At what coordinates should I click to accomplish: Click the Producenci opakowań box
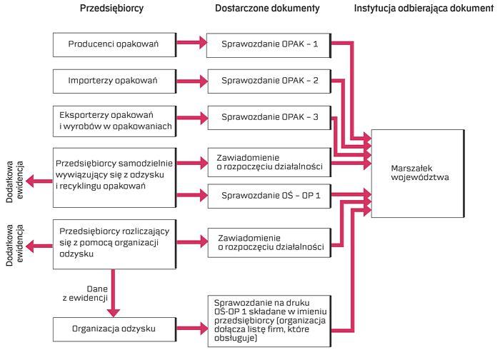[x=114, y=44]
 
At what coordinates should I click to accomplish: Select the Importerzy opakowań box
[x=114, y=80]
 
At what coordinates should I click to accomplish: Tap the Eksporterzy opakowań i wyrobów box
[x=114, y=119]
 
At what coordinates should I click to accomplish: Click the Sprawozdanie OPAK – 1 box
[x=271, y=44]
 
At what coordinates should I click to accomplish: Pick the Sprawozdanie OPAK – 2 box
[x=271, y=80]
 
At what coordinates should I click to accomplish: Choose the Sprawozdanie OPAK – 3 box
[x=271, y=116]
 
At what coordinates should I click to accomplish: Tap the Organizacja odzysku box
[x=114, y=329]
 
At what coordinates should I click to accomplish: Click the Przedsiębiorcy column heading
[x=113, y=9]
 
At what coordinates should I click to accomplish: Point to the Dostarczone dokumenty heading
[x=267, y=9]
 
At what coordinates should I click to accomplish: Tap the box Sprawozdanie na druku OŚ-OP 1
[x=271, y=318]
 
